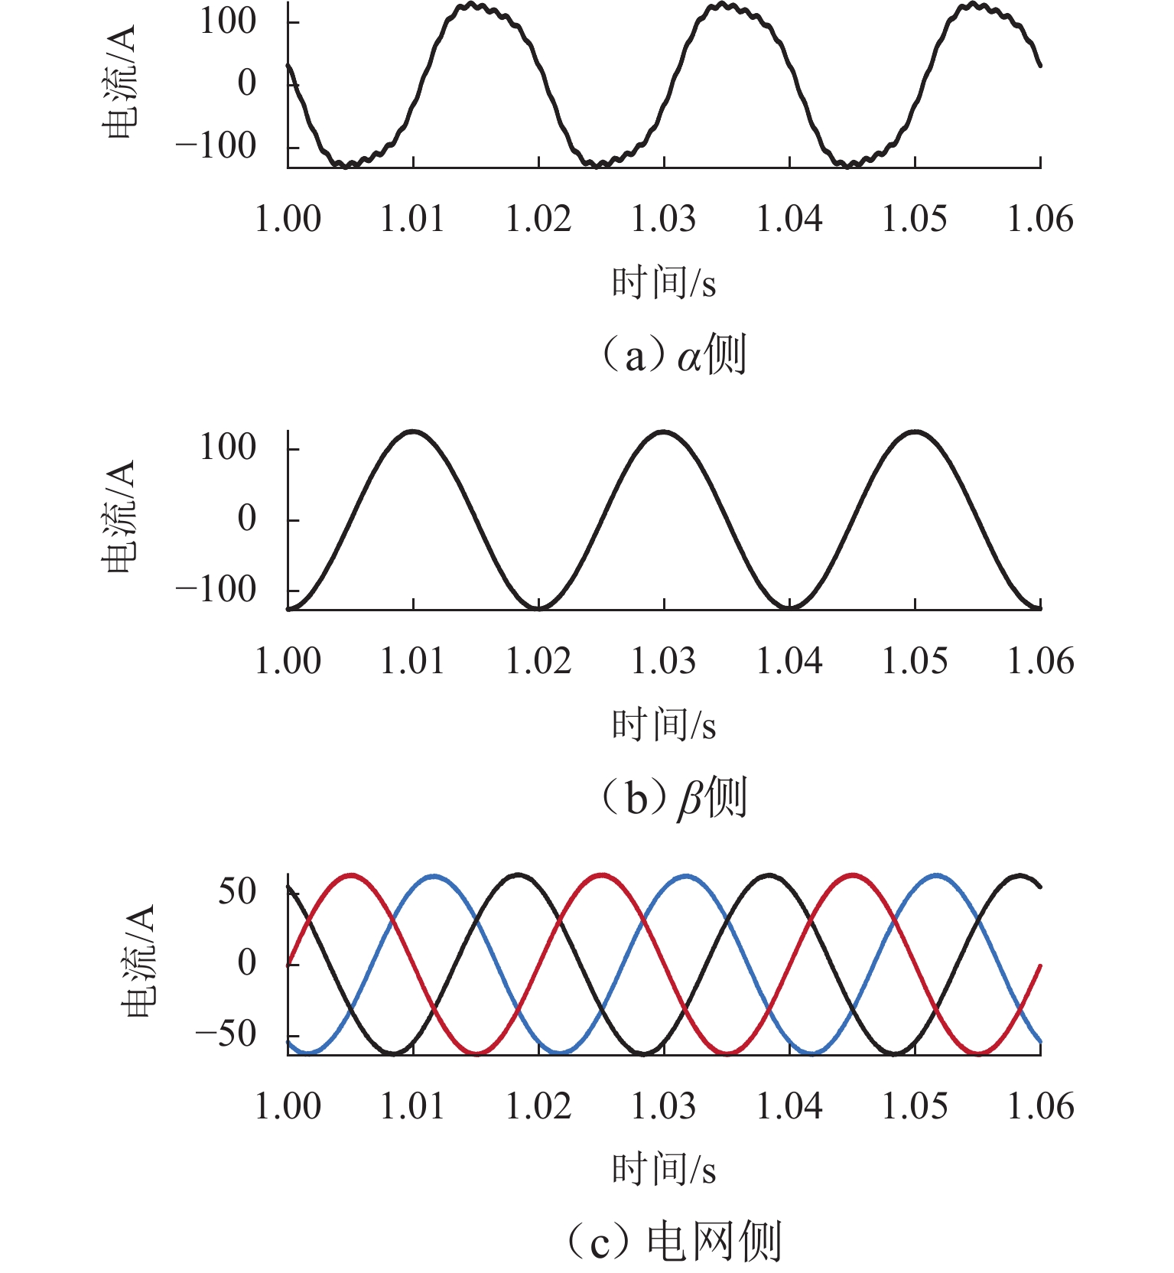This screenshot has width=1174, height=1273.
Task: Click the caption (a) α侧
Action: (x=673, y=355)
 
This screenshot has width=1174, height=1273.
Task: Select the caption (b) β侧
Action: (x=673, y=797)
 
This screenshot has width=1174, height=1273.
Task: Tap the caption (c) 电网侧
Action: (x=673, y=1241)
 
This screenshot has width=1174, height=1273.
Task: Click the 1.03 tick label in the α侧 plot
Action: (x=663, y=220)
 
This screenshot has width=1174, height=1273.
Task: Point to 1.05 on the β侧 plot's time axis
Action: (x=915, y=662)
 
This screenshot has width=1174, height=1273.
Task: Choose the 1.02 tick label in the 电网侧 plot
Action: (x=538, y=1106)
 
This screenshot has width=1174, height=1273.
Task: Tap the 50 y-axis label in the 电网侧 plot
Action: (x=236, y=891)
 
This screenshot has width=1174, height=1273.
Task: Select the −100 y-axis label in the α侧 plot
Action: (x=215, y=145)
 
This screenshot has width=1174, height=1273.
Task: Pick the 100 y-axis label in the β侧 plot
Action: (x=227, y=448)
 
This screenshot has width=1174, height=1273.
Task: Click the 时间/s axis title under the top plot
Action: (x=663, y=283)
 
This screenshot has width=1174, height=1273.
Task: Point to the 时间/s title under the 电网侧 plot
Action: (x=663, y=1169)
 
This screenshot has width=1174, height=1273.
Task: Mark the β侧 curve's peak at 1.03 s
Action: (x=664, y=432)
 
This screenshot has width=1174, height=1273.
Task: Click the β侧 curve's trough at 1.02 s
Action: (x=538, y=608)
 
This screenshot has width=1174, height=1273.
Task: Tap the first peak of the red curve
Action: (x=351, y=874)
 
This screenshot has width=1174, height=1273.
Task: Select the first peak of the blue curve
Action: (x=434, y=875)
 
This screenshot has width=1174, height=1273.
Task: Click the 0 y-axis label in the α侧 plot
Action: (x=246, y=83)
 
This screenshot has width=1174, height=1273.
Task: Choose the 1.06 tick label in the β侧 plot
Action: (x=1040, y=662)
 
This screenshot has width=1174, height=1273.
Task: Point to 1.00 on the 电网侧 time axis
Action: (x=288, y=1106)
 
